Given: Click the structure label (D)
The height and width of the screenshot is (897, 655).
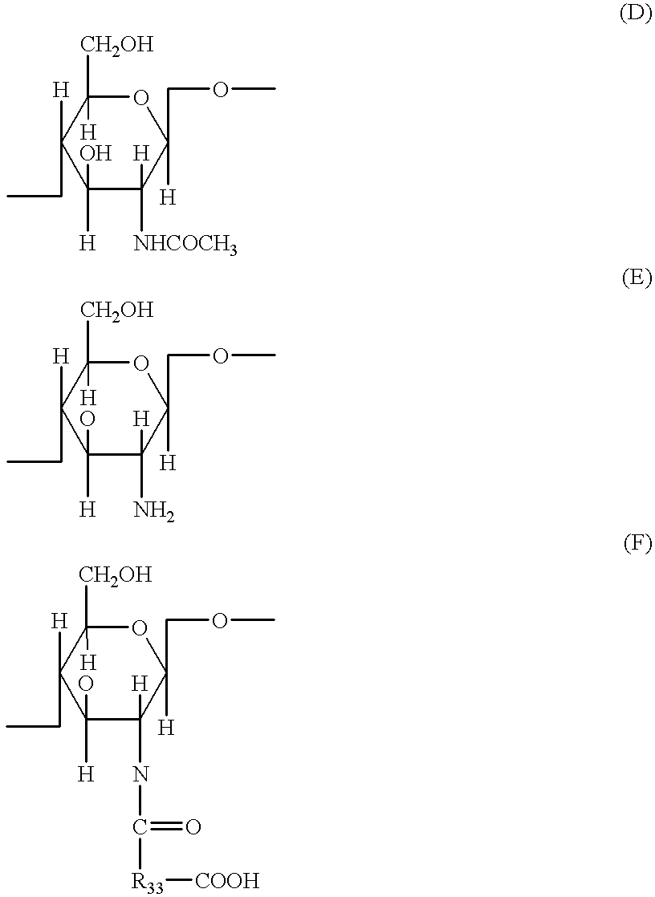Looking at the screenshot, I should click(636, 14).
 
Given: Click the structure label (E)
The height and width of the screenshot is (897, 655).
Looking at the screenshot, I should click(637, 278).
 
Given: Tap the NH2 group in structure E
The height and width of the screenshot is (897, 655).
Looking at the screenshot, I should click(154, 509).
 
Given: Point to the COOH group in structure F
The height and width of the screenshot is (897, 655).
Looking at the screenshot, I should click(227, 881).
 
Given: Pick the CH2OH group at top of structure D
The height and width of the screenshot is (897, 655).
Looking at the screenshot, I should click(116, 44).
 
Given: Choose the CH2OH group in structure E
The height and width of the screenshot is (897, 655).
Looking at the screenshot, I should click(116, 310).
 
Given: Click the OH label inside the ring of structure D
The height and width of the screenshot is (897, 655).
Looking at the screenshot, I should click(96, 153).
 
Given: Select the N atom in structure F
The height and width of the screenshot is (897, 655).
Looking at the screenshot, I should click(141, 773).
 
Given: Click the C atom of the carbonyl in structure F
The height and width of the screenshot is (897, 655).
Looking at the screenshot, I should click(140, 827).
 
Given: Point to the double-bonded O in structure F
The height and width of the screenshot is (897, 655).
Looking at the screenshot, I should click(193, 827).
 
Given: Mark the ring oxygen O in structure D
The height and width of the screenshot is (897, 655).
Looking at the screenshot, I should click(141, 99).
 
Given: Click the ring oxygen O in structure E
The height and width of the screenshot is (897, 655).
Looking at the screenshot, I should click(141, 364).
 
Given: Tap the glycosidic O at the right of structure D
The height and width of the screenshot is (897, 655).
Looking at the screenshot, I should click(220, 89).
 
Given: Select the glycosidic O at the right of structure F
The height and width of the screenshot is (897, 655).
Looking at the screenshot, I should click(219, 619).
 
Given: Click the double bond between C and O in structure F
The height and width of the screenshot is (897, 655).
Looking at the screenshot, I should click(166, 827).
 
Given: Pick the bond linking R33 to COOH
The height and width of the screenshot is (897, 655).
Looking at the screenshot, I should click(180, 881).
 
